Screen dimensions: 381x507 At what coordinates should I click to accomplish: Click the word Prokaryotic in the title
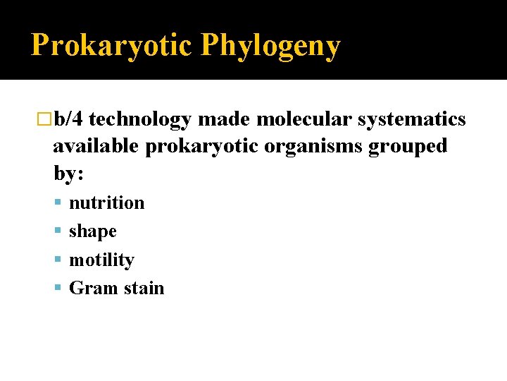click(111, 46)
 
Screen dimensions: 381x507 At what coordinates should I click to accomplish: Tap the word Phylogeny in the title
click(270, 46)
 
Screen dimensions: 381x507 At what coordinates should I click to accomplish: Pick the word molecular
click(303, 119)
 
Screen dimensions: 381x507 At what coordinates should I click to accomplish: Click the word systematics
click(411, 120)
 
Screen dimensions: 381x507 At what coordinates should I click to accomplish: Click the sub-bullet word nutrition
click(106, 202)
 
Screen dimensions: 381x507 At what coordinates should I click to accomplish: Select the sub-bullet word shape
click(92, 231)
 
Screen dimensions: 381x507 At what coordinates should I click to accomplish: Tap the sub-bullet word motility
click(101, 260)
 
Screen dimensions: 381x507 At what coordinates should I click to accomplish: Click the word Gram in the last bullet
click(89, 288)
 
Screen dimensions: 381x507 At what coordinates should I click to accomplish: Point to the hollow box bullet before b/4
click(46, 120)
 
